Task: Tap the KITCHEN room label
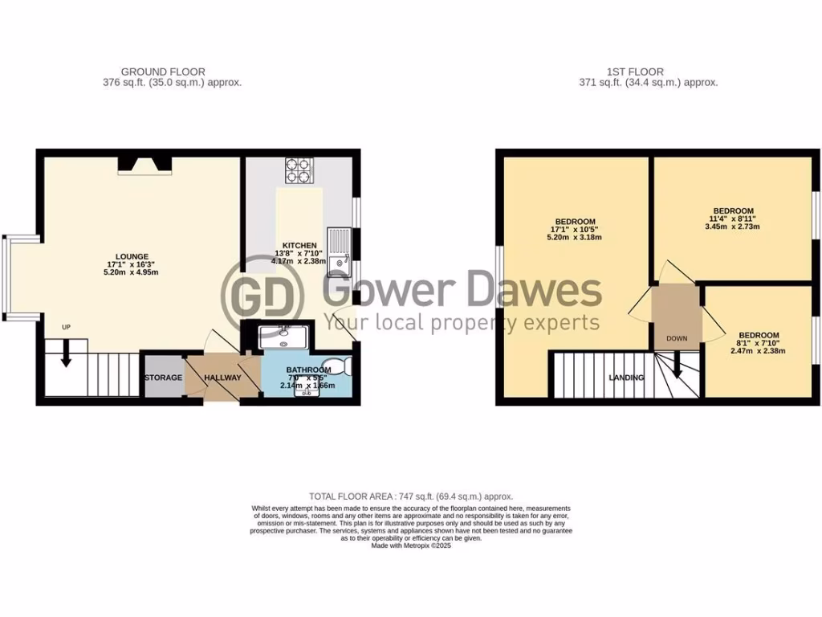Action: pos(299,245)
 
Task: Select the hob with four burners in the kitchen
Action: pos(298,170)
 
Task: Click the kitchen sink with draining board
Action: pos(342,250)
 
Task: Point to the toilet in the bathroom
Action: pos(343,366)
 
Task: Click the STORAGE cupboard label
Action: pos(163,377)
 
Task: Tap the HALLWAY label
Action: pos(222,377)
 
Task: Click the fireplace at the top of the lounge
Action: pos(145,165)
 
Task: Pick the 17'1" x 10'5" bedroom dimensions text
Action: pos(575,230)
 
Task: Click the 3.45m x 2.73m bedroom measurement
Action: pos(732,227)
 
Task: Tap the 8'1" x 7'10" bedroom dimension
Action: pos(759,343)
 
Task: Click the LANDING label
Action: pos(626,377)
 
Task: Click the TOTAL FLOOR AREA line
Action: pos(411,496)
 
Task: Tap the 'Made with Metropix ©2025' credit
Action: pos(411,545)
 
